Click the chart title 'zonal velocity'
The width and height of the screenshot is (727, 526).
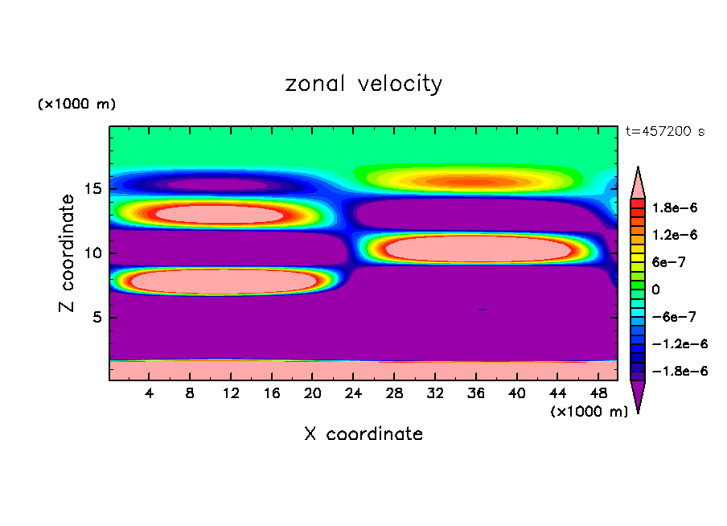(363, 84)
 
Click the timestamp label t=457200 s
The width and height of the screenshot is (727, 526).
(665, 132)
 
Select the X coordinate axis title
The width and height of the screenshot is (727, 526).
(363, 434)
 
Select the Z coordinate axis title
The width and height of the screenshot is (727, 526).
(68, 253)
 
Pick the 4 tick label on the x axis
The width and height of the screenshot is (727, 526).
(150, 393)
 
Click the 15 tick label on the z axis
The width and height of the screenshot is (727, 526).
(95, 189)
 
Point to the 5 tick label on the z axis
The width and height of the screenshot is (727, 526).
(99, 317)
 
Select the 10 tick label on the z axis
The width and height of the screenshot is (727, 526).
(95, 253)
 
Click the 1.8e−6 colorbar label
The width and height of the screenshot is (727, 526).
(676, 208)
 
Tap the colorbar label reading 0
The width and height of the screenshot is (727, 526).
(656, 290)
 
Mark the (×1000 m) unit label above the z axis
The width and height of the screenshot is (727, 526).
(76, 105)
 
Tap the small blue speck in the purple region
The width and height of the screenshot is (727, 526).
(482, 309)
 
